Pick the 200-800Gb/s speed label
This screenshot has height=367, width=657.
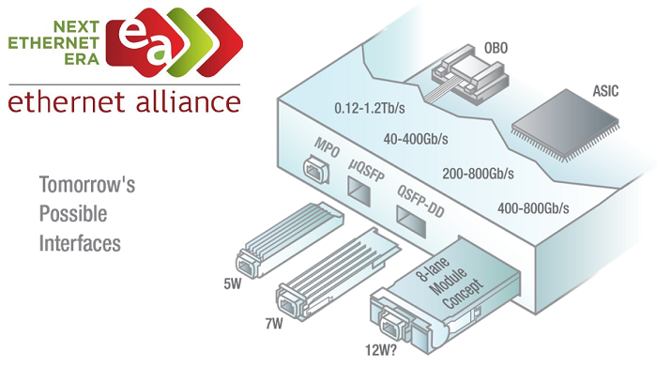pos(479,174)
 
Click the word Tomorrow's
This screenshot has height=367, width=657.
pos(87,185)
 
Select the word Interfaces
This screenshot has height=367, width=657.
pos(81,243)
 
